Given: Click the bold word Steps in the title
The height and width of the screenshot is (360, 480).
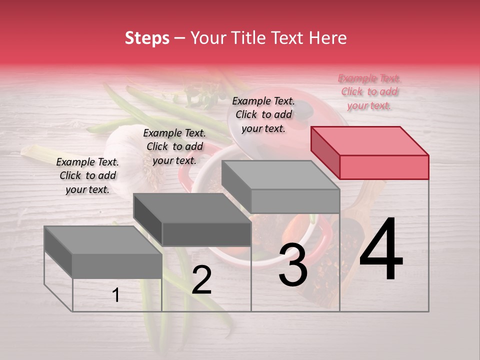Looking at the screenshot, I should click(x=147, y=38).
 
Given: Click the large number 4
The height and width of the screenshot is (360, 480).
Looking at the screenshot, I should click(x=381, y=249).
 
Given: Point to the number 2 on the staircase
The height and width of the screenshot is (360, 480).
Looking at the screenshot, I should click(x=201, y=280).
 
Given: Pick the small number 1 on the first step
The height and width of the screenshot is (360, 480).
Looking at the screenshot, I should click(x=116, y=295).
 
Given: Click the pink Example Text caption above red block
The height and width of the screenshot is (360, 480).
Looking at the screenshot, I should click(x=369, y=91).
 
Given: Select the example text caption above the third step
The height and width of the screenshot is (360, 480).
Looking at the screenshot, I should click(x=263, y=114).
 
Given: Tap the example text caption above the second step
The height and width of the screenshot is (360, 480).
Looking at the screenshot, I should click(x=174, y=146).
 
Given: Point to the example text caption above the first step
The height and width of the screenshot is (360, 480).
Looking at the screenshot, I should click(x=87, y=175).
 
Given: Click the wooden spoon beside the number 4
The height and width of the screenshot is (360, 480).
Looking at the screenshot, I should click(x=367, y=200).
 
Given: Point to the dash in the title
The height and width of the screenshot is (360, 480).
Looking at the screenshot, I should click(x=180, y=38).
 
